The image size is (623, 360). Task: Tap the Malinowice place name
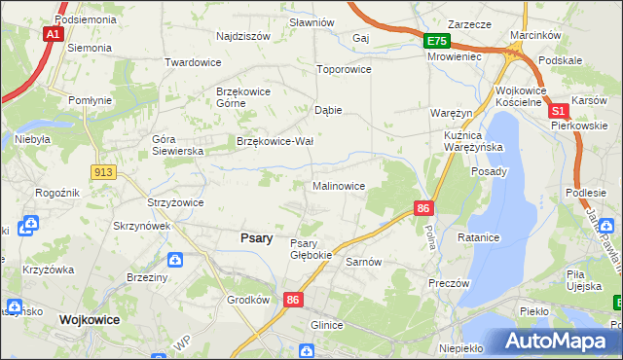(x=339, y=186)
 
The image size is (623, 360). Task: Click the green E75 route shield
(x=436, y=41)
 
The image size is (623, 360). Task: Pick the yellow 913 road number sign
(x=104, y=172)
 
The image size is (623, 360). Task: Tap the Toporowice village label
(x=345, y=70)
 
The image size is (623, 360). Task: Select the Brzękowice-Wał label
(x=275, y=141)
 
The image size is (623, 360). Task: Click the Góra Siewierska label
(x=177, y=145)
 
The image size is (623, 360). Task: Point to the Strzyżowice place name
(x=174, y=202)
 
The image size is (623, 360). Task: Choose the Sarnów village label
(x=362, y=263)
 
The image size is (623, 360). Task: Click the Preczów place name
(x=449, y=283)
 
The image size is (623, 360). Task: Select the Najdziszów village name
(x=243, y=36)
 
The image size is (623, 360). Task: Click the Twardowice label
(x=193, y=62)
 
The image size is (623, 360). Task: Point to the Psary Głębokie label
(x=311, y=249)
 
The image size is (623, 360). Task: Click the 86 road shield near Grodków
(x=293, y=302)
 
